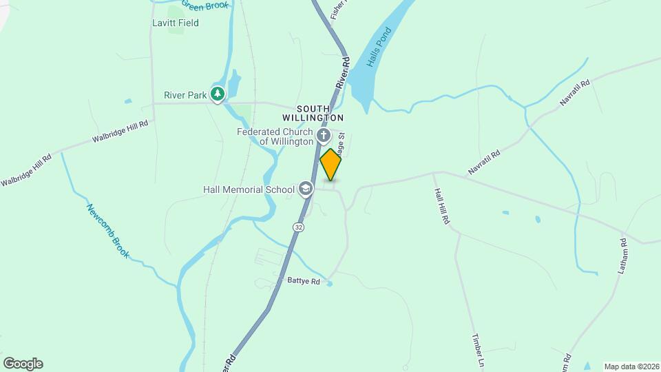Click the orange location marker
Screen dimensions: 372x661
click(330, 165)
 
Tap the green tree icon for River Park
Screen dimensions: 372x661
click(218, 94)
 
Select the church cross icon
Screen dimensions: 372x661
click(324, 136)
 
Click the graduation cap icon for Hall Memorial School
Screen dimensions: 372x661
click(305, 189)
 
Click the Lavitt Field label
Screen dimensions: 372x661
click(176, 23)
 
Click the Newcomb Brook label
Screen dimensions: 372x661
click(108, 231)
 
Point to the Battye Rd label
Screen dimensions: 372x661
click(304, 282)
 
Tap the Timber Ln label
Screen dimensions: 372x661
click(479, 350)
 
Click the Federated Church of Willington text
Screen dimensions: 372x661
click(275, 136)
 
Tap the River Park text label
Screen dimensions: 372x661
click(185, 96)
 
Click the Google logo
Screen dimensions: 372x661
click(23, 364)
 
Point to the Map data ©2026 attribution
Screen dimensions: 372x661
click(630, 366)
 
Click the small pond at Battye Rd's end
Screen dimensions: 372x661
click(330, 283)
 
